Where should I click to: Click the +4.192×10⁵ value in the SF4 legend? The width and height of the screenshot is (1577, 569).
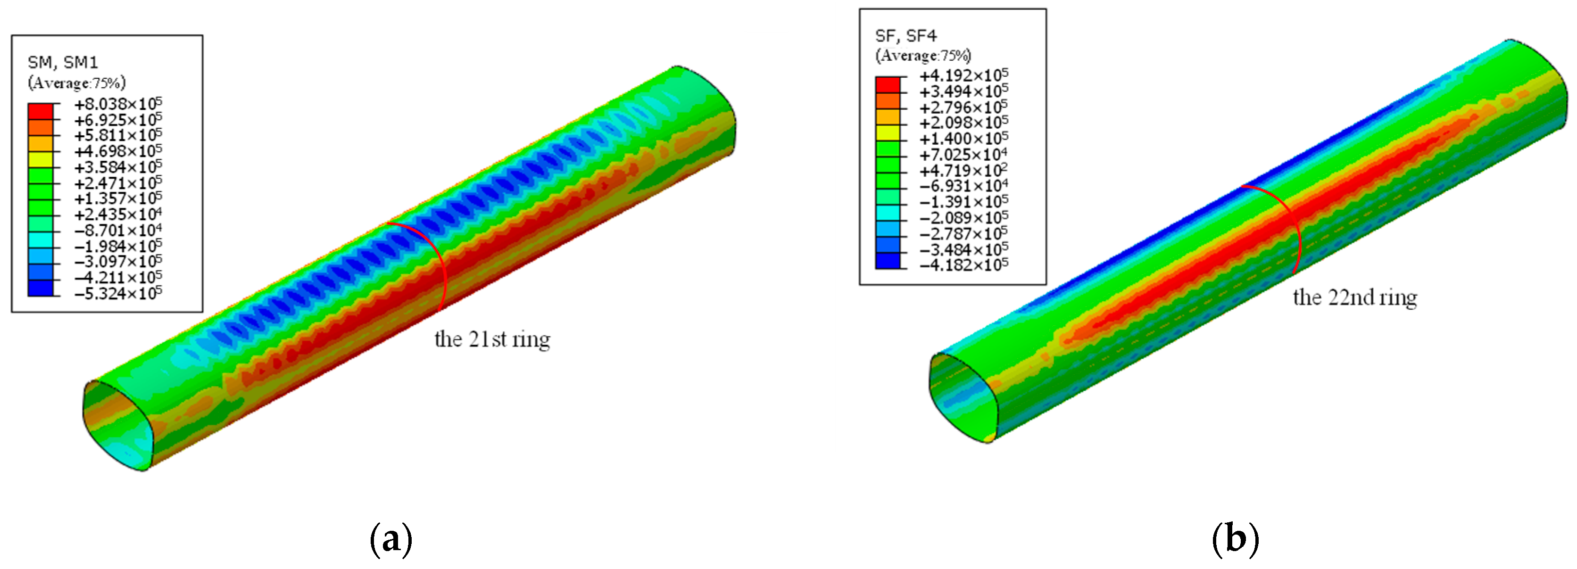tap(963, 76)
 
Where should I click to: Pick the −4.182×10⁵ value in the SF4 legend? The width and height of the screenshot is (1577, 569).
tap(963, 265)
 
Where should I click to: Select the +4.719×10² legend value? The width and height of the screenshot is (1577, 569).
tap(963, 171)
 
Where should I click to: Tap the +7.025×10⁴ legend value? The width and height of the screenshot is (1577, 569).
tap(963, 155)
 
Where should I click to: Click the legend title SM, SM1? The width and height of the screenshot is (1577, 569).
tap(62, 62)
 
